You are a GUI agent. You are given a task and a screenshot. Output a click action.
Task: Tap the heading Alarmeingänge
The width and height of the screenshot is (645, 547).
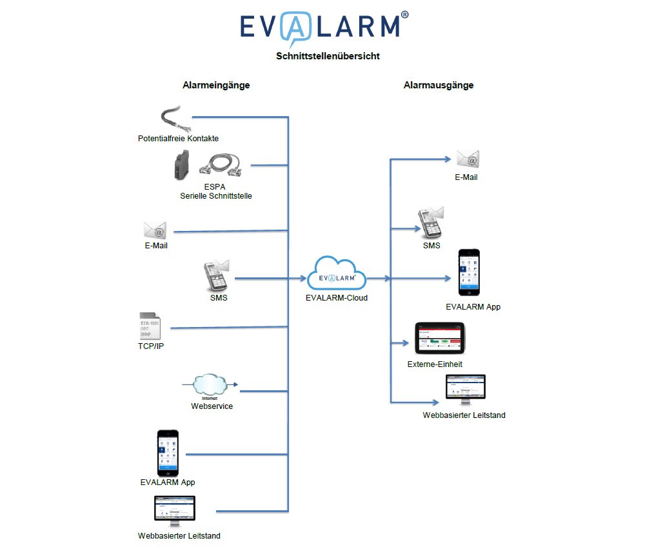(x=216, y=85)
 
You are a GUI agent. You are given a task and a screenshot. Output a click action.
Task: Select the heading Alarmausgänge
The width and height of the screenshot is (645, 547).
(x=439, y=85)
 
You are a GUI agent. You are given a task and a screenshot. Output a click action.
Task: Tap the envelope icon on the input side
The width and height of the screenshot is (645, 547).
(x=155, y=230)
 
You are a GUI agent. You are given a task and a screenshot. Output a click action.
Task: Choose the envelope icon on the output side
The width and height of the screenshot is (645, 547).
(x=468, y=159)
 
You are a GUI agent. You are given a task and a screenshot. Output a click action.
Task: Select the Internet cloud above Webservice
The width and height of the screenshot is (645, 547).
(x=210, y=385)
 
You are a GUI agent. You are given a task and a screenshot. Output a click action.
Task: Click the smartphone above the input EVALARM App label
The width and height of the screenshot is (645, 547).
(x=168, y=453)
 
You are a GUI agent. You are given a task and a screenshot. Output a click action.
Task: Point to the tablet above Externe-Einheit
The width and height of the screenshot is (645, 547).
(x=440, y=339)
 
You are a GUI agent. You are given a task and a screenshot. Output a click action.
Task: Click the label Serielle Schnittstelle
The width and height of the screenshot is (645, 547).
(x=216, y=196)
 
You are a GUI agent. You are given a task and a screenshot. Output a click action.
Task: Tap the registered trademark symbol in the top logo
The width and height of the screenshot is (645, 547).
(x=404, y=14)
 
